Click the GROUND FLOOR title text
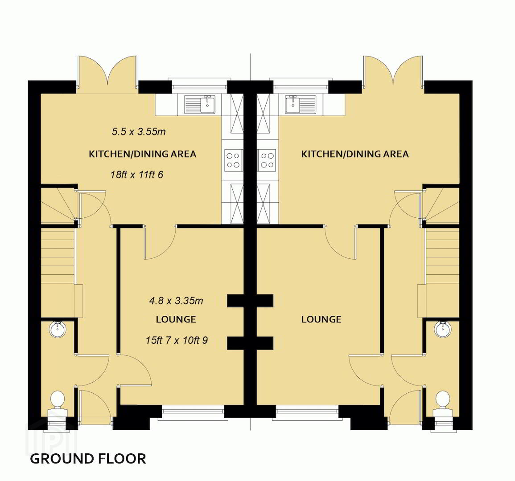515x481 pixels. (88, 458)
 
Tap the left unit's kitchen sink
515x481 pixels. (200, 104)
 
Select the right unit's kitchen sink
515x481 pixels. (301, 104)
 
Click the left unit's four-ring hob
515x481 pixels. (233, 160)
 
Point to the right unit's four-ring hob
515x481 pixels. (267, 160)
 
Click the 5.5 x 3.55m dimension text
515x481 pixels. (139, 132)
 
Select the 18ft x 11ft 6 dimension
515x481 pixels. (136, 175)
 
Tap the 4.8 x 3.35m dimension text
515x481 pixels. (176, 301)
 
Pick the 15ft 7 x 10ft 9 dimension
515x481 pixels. (177, 340)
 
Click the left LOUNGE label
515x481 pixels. (176, 319)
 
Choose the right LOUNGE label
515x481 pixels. (321, 319)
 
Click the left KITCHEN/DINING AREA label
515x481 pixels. (143, 154)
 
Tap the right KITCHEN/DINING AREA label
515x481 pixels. (355, 154)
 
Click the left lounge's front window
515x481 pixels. (193, 412)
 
